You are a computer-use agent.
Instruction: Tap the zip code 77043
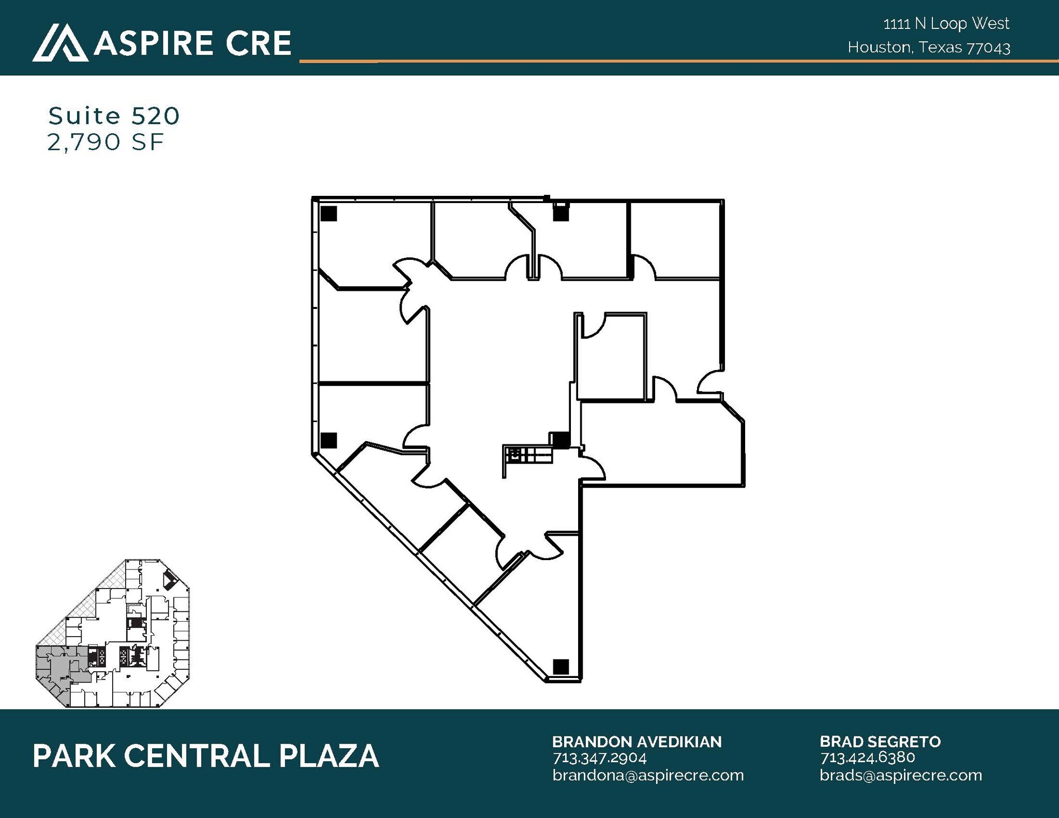point(988,48)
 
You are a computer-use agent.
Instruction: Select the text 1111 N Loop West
point(946,23)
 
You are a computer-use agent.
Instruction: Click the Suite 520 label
point(114,116)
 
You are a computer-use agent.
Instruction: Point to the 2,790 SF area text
point(105,142)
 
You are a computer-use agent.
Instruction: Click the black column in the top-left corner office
point(329,213)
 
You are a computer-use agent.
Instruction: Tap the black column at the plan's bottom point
point(561,667)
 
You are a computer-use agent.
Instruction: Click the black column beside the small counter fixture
point(559,440)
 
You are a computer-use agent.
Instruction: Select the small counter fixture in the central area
point(527,456)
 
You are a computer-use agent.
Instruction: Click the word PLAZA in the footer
point(329,757)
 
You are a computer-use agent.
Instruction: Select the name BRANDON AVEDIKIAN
point(637,742)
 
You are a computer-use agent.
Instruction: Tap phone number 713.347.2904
point(599,758)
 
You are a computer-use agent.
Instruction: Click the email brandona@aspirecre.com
point(647,775)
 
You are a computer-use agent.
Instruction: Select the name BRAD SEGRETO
point(880,742)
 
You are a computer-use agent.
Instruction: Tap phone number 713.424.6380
point(867,758)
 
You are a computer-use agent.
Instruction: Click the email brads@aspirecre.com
point(900,775)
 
